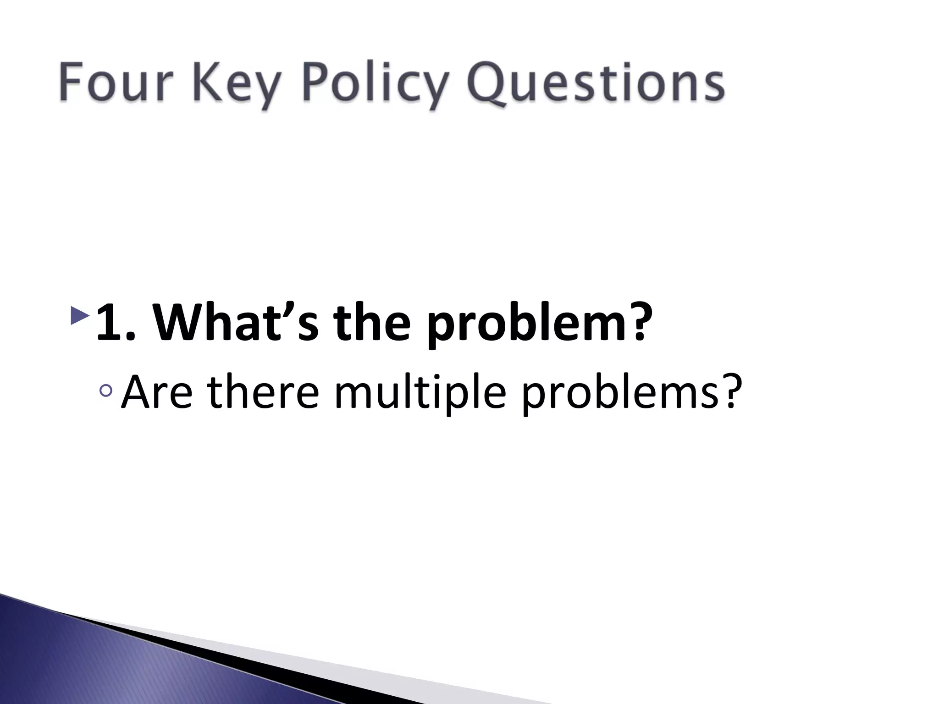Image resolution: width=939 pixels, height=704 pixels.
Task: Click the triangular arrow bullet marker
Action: coord(80,316)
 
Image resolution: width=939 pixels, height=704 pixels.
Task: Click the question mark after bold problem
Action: coord(635,321)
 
